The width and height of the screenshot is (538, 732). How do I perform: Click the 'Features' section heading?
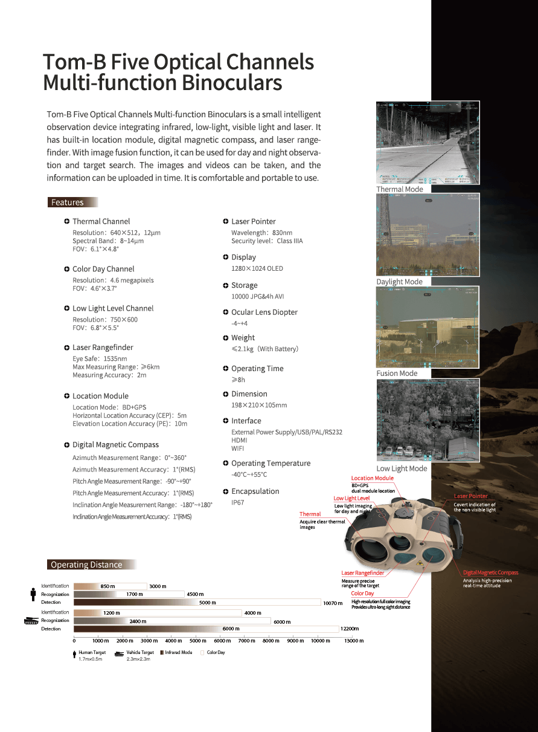click(67, 202)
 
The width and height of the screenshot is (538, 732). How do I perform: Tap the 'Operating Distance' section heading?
click(86, 565)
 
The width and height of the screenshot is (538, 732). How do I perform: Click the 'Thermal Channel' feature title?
click(101, 221)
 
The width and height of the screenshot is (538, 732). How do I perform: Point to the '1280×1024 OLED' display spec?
click(257, 268)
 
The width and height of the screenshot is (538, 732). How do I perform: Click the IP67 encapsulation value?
click(238, 502)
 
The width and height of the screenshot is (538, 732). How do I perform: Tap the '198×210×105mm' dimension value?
click(259, 405)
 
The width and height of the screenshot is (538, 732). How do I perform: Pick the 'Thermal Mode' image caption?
click(400, 189)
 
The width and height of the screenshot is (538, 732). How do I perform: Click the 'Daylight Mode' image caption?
click(399, 282)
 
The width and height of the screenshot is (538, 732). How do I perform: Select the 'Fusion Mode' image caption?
click(397, 374)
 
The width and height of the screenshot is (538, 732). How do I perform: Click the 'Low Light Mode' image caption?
click(402, 468)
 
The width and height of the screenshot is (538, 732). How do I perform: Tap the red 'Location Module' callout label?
click(372, 478)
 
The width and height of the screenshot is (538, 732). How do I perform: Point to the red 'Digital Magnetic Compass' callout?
click(490, 572)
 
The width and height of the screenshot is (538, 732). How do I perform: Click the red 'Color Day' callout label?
click(362, 594)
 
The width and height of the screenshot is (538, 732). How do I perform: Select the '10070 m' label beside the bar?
click(333, 603)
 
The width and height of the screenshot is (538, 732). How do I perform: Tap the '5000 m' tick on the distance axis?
click(198, 641)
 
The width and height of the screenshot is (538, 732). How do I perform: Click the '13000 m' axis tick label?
click(354, 641)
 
